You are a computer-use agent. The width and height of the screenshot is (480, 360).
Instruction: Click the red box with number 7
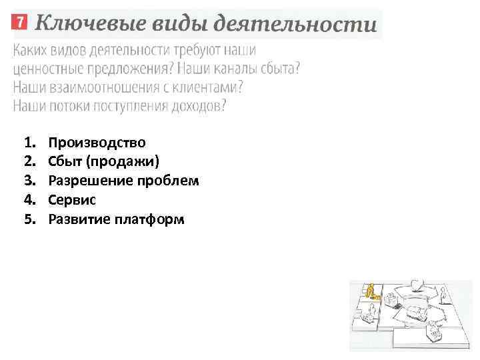20,22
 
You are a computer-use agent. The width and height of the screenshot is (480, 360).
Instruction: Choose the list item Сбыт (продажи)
104,161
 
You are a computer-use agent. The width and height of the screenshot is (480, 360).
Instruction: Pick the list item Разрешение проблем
123,181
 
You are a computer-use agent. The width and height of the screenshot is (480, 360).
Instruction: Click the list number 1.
28,142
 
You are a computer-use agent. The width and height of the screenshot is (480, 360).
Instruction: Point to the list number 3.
28,181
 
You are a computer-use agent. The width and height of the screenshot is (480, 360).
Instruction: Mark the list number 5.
28,219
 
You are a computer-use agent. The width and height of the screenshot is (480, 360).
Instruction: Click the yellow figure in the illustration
369,291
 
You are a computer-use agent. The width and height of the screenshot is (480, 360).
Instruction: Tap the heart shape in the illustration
416,285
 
